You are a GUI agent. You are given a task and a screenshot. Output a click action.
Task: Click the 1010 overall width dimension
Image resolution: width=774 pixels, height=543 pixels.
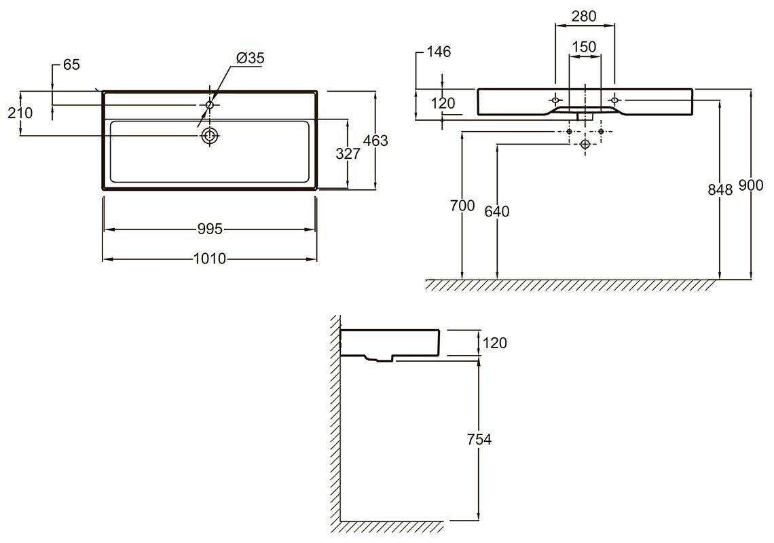tap(210, 259)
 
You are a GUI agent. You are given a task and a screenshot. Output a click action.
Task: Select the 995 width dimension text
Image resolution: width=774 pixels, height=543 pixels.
tap(210, 229)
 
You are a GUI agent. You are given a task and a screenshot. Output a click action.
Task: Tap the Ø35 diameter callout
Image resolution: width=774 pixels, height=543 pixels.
tap(251, 58)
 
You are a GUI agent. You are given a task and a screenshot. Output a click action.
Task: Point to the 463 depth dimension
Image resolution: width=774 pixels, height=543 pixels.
tap(375, 141)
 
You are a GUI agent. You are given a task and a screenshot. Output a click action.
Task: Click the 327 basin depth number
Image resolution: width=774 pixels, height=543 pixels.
tap(348, 154)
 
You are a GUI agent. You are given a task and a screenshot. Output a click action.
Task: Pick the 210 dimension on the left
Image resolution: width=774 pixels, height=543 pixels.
tap(20, 113)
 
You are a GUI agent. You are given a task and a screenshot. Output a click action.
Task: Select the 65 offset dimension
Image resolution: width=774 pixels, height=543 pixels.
tap(71, 64)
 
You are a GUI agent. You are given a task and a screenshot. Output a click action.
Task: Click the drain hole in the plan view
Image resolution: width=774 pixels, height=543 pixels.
tap(210, 135)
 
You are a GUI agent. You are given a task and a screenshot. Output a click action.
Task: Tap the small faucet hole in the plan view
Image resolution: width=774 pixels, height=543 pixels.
tap(210, 105)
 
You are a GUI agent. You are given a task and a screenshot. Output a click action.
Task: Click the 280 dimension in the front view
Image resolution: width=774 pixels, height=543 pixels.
tap(584, 16)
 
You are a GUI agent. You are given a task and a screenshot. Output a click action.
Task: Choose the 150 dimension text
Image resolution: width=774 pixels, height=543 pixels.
tap(584, 47)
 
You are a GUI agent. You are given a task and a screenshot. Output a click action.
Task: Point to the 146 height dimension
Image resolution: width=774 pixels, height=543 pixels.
tap(439, 52)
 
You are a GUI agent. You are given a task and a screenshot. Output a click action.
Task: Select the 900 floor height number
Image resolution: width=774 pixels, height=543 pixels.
tap(751, 185)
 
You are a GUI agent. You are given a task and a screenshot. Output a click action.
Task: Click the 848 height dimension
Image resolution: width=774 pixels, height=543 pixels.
tap(720, 189)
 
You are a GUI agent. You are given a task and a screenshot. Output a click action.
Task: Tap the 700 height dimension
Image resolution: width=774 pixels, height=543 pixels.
tap(462, 206)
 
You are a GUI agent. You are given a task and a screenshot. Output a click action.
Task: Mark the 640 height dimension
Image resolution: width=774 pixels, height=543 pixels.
tap(496, 211)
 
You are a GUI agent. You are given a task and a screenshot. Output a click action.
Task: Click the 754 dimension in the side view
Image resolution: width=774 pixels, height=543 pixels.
tap(479, 439)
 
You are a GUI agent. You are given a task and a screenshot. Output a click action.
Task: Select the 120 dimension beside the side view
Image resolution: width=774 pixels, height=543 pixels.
tap(494, 343)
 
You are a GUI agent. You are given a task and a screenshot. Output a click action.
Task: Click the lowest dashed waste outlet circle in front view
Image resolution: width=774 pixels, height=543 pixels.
tap(585, 144)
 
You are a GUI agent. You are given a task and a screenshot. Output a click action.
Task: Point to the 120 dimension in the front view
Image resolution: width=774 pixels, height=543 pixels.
tap(443, 103)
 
